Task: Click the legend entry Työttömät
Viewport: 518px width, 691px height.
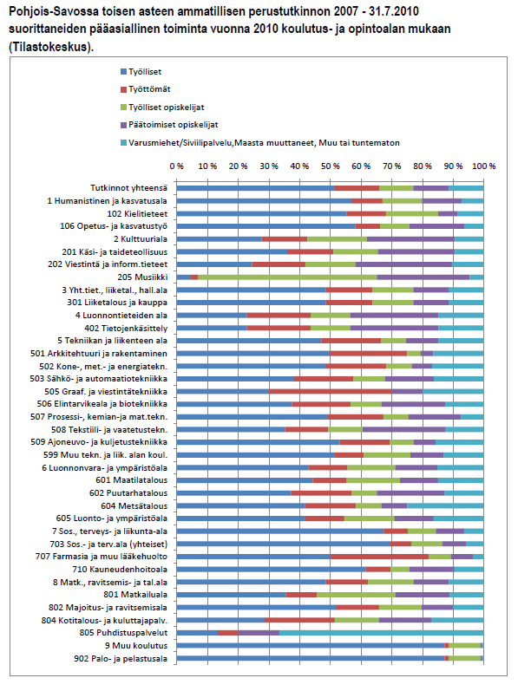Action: click(145, 89)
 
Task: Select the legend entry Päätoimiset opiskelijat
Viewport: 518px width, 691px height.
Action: click(169, 125)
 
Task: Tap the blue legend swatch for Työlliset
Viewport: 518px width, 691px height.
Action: click(123, 72)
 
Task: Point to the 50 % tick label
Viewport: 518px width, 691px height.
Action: click(331, 166)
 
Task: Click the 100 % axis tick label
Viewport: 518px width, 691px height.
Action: click(483, 166)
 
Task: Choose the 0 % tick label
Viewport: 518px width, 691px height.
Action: click(176, 166)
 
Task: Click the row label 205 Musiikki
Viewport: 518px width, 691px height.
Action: click(142, 277)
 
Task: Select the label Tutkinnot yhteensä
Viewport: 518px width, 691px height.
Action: click(128, 188)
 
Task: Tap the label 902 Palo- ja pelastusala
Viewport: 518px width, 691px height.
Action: click(121, 659)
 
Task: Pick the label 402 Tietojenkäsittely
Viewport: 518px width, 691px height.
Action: click(126, 329)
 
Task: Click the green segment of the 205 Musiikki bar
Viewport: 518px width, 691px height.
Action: click(287, 277)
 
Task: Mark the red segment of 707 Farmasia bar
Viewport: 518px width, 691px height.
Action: click(379, 557)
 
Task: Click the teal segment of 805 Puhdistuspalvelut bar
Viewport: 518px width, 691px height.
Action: click(381, 633)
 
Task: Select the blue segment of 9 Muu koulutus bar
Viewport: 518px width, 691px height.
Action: click(311, 646)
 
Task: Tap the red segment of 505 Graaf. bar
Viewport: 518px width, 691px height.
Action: click(331, 391)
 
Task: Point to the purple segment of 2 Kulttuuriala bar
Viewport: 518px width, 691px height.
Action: click(411, 238)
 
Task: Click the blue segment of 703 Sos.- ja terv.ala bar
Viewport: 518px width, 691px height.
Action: click(284, 544)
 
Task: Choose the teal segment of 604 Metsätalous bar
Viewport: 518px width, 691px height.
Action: click(445, 506)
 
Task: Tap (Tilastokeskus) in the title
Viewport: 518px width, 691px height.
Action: click(51, 47)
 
